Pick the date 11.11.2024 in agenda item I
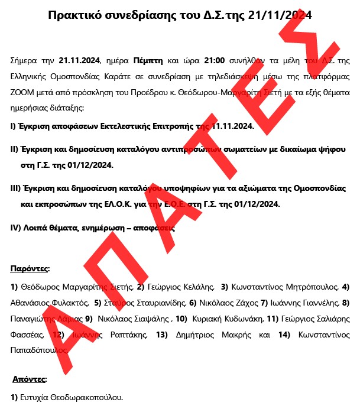(232, 126)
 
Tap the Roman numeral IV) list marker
(16, 228)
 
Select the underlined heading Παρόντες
(30, 269)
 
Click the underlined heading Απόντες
(30, 378)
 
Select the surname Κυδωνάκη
(238, 319)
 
